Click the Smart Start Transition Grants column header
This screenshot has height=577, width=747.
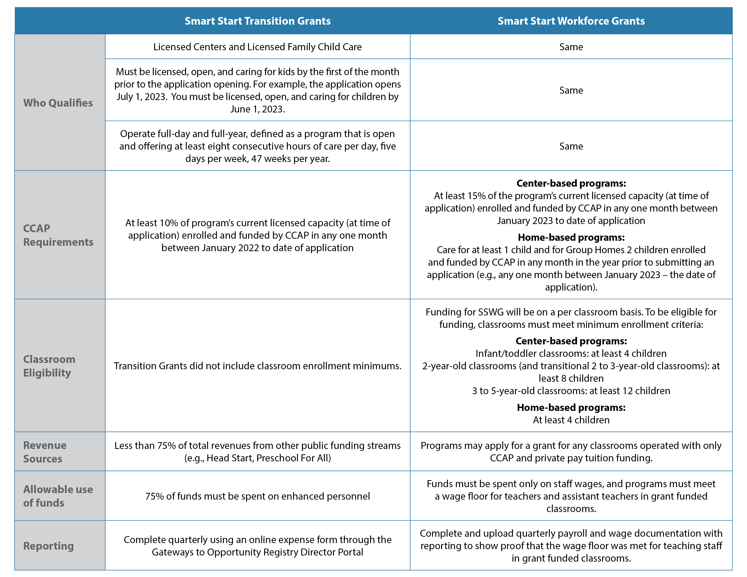(x=258, y=21)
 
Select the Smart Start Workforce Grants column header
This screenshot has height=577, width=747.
(x=571, y=21)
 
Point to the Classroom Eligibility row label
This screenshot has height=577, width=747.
(x=49, y=365)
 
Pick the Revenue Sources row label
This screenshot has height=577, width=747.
(x=45, y=452)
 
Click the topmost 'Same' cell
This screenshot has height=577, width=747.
(x=571, y=47)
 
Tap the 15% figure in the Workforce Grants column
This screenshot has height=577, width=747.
(x=476, y=196)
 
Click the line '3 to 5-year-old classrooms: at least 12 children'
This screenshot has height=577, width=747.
(x=571, y=391)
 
